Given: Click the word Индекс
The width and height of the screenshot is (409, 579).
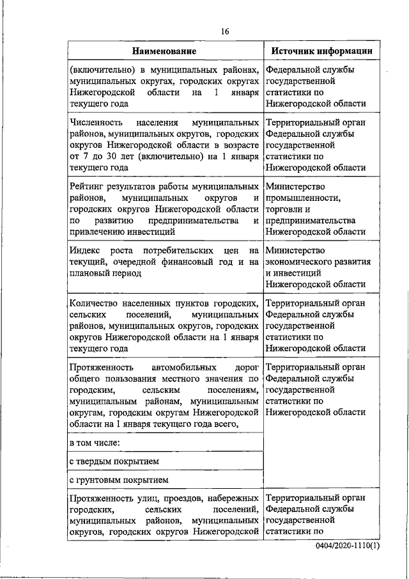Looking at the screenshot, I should click(x=86, y=250).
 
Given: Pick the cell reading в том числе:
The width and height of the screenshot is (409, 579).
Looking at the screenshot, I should click(x=95, y=442).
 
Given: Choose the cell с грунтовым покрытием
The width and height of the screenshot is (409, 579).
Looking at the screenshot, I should click(x=118, y=479).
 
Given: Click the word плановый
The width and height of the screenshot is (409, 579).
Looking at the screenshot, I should click(x=89, y=273).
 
